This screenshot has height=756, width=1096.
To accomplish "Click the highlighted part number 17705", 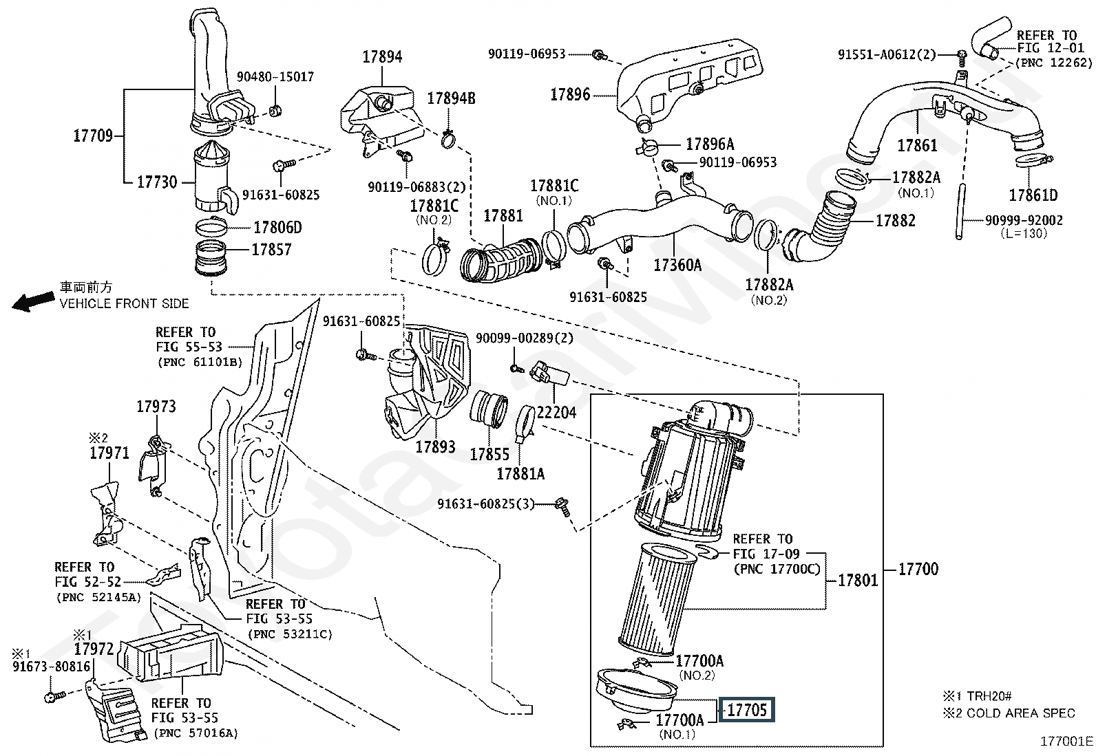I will [747, 710].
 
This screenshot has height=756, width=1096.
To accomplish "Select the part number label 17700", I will [919, 569].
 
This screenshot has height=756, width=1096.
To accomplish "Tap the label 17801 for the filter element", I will [858, 581].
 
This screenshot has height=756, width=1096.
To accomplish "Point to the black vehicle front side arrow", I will [34, 301].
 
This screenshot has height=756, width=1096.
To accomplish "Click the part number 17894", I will [382, 57].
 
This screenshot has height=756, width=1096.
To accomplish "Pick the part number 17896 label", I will [570, 95].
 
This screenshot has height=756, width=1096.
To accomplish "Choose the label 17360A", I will [677, 265].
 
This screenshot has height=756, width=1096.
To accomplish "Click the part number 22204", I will [556, 412].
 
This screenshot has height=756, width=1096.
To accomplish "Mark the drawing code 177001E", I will [1066, 741].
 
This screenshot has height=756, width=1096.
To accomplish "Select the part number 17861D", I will [1033, 195].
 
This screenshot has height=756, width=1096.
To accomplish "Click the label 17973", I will [156, 407].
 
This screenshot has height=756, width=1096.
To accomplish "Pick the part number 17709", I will [93, 136].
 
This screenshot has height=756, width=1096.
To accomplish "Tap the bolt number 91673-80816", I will [51, 667].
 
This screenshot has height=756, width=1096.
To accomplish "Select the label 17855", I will [489, 454].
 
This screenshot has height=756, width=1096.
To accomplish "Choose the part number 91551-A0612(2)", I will [887, 54].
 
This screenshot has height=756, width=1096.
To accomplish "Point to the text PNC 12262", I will [1053, 63].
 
